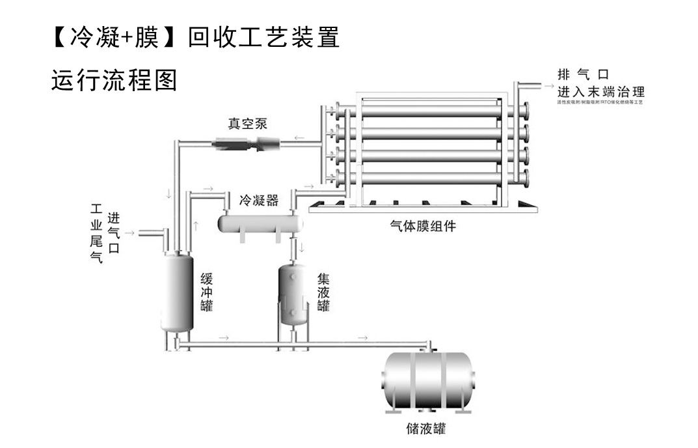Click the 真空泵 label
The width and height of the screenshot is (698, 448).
tap(247, 123)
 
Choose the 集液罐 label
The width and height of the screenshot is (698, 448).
tap(323, 292)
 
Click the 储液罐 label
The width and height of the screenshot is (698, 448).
tap(425, 429)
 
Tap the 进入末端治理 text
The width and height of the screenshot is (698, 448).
tap(600, 91)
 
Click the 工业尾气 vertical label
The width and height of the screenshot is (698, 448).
tap(96, 233)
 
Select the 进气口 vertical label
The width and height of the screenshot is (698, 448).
tap(113, 233)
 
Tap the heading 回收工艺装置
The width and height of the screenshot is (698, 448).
tap(263, 38)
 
